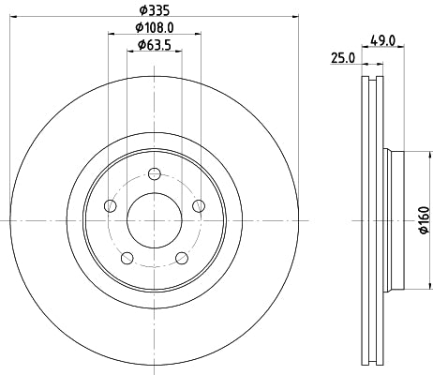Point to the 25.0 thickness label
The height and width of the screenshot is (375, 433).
pos(343,57)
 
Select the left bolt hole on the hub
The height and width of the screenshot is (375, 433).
pos(112,206)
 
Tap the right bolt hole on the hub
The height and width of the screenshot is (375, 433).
pos(198,206)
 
